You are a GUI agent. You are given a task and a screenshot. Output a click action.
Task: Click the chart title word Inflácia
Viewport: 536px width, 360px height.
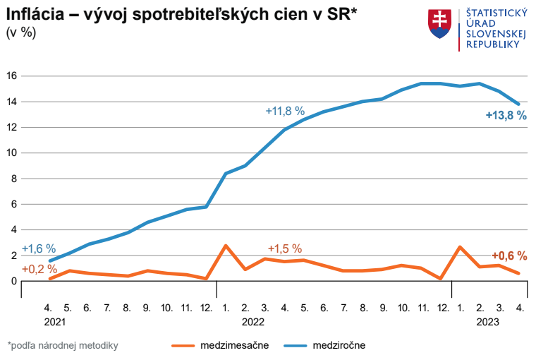point(35,14)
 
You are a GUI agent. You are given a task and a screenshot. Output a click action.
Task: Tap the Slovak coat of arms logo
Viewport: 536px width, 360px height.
point(439,24)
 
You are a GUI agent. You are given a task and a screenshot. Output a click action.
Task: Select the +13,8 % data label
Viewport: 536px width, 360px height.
point(506,116)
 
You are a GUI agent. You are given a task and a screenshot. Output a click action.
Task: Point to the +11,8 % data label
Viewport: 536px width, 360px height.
point(285,111)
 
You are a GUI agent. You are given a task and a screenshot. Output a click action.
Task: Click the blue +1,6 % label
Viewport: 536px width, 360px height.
point(39,248)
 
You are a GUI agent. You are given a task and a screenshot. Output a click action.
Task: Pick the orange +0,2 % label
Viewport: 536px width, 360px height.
point(39,269)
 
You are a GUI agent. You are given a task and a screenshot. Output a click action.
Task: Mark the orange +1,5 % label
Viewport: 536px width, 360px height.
point(285,248)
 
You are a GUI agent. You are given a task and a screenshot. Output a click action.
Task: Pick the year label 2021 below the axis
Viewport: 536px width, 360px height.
point(54,322)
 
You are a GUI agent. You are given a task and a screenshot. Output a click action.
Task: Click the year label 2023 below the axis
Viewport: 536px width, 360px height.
point(488,322)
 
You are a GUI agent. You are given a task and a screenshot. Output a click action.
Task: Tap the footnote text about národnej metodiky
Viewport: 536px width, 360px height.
point(63,345)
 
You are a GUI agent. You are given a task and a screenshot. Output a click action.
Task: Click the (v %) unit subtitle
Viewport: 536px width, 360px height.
point(21,32)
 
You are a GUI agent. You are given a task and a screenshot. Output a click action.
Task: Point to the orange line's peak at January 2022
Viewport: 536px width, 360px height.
point(226,246)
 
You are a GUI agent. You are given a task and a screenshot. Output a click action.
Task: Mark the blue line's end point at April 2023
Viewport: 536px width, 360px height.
point(519,104)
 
